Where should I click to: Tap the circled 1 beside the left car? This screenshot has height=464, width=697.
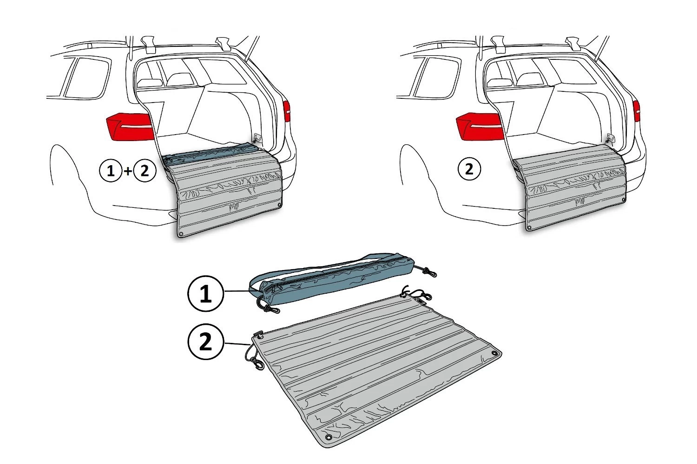click(111, 171)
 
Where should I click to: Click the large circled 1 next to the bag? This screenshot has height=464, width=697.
click(205, 294)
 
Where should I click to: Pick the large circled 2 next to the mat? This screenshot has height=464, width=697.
click(206, 343)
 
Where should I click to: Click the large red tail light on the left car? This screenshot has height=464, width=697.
click(131, 126)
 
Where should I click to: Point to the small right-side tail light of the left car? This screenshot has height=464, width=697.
click(287, 112)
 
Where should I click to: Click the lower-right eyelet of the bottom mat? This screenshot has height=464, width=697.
click(495, 354)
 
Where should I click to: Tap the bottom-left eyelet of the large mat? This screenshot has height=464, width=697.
click(328, 438)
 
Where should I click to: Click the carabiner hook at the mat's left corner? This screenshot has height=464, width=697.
click(257, 364)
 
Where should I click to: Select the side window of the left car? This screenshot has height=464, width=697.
click(86, 77)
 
